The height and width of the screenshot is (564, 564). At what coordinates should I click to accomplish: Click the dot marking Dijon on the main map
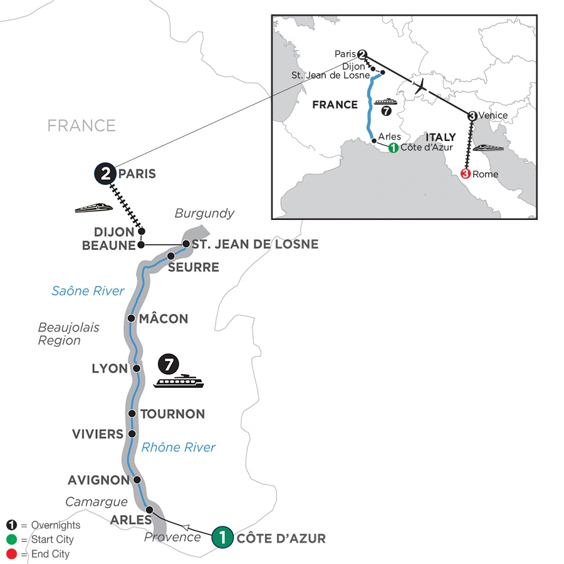pos(142,231)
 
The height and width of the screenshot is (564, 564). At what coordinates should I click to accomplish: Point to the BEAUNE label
pos(108,246)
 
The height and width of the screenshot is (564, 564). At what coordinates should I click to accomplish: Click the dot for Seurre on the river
pos(170,256)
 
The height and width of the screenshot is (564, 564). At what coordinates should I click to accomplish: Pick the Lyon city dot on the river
pos(136,368)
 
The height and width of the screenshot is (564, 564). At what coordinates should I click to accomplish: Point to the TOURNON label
pos(173,414)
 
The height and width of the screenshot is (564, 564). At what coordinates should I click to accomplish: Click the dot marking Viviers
pos(132,434)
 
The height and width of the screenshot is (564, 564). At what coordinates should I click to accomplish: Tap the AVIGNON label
pos(99,481)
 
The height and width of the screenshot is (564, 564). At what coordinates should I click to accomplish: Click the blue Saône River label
pos(88,291)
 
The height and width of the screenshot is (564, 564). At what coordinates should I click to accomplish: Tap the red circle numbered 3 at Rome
pos(466,174)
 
